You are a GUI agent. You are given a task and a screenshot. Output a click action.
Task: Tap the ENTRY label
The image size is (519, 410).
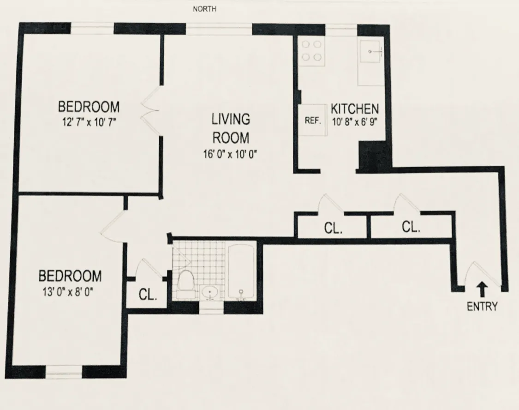482,306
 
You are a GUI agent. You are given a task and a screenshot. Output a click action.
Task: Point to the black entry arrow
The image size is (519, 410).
482,289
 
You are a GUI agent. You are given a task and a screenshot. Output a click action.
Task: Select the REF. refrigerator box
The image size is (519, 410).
312,121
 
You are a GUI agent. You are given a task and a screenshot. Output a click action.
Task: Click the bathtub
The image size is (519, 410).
241,273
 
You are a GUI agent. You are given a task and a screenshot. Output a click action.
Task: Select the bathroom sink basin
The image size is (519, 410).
212,292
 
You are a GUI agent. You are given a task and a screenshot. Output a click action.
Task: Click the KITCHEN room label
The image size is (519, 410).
355,109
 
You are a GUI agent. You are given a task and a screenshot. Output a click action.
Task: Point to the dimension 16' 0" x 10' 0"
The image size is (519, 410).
231,155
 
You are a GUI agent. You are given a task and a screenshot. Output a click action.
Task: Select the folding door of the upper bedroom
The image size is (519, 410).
151,112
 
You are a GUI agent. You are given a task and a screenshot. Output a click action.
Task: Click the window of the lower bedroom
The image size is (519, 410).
64,371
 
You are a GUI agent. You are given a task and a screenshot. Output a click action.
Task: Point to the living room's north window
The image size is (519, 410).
219,29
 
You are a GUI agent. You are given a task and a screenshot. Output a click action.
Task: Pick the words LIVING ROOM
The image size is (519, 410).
231,128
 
